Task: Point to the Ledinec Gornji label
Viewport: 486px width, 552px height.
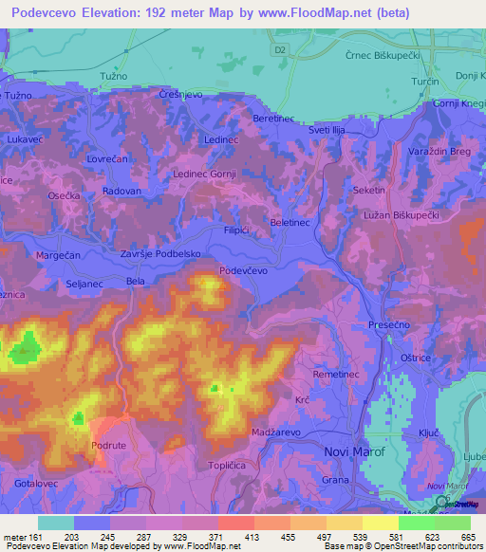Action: (x=203, y=175)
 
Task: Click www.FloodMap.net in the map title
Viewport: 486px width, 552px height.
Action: (x=335, y=14)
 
